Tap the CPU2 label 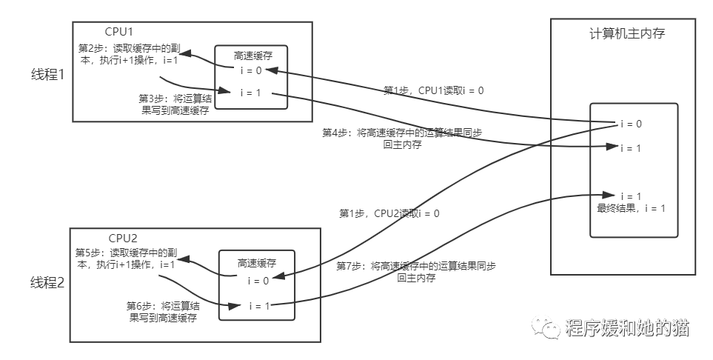point(123,239)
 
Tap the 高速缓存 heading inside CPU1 point(250,56)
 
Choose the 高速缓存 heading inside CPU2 point(257,263)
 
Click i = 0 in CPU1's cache point(250,72)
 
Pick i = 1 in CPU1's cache point(250,93)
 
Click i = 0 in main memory point(630,124)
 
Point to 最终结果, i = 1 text point(631,208)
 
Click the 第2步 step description point(127,54)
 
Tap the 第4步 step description point(403,139)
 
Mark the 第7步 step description point(415,272)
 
